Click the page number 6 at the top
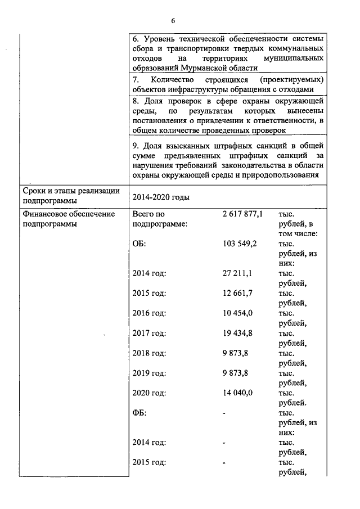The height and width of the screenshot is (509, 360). point(173,21)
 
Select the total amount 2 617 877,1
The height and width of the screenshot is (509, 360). point(242,214)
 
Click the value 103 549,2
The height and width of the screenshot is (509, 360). point(240,244)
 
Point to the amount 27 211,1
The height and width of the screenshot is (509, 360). point(237,273)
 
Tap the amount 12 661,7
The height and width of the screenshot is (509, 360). point(237,293)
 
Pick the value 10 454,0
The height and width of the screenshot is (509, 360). point(237,313)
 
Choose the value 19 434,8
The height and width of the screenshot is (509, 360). point(237,333)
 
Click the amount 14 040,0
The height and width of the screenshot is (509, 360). point(237,393)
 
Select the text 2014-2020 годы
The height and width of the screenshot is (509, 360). point(161,197)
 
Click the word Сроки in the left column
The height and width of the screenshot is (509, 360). point(35,191)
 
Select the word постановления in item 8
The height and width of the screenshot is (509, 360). point(159,120)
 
